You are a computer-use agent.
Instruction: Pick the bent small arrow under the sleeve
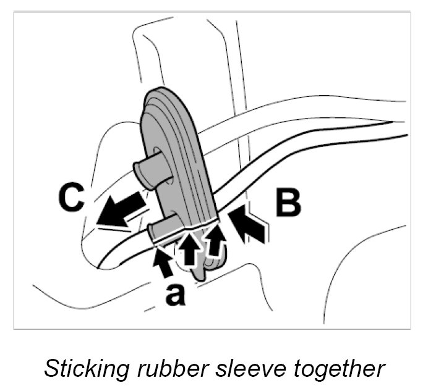coord(215,243)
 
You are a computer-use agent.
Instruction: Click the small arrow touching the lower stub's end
coord(162,259)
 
